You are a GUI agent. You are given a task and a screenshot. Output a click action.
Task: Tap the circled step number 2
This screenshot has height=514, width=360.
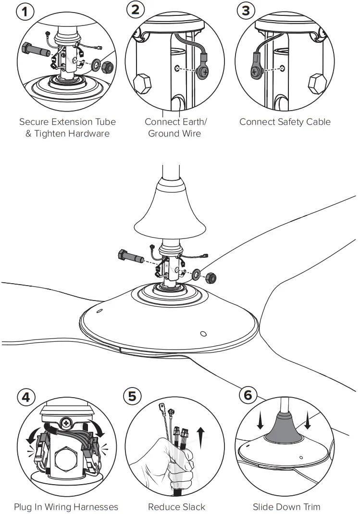(136, 10)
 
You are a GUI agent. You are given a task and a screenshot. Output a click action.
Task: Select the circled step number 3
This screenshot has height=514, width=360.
(246, 10)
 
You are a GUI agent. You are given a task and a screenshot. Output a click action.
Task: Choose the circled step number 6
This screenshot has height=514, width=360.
(248, 395)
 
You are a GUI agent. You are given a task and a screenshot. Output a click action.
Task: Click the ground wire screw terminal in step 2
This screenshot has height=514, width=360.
(203, 72)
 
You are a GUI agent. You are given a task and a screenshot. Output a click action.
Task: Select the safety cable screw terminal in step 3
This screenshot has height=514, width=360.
(255, 72)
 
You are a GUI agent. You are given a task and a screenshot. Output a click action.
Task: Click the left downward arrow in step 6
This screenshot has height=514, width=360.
(260, 421)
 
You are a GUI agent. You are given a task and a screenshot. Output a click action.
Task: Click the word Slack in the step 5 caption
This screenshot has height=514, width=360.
(193, 507)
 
